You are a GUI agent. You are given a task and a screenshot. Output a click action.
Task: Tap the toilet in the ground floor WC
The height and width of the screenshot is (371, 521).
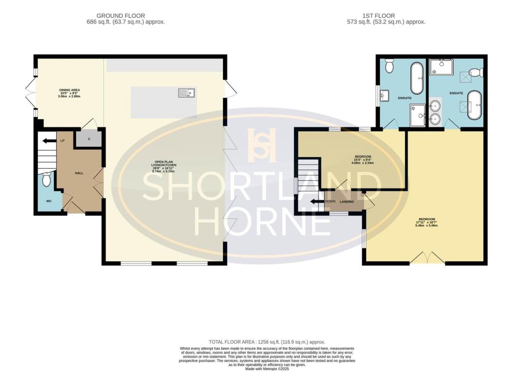(x=47, y=179)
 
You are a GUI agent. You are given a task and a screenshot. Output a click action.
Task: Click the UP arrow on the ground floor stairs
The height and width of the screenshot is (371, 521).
(x=49, y=141)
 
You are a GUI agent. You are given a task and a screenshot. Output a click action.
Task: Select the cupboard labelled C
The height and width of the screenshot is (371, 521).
(x=89, y=139)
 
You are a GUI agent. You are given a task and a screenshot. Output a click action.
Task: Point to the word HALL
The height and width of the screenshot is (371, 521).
(x=79, y=173)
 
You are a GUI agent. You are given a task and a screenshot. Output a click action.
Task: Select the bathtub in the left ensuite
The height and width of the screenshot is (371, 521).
(x=416, y=78)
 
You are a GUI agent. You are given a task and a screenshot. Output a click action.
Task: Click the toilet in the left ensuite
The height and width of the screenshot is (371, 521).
(x=390, y=65)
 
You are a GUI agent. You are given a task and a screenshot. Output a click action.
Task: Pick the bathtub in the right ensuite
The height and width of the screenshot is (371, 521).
(x=474, y=105)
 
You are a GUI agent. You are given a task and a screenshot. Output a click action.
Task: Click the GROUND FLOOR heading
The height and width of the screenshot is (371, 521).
(x=121, y=16)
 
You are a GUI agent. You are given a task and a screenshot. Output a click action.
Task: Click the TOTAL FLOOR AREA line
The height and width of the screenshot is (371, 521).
(x=267, y=341)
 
